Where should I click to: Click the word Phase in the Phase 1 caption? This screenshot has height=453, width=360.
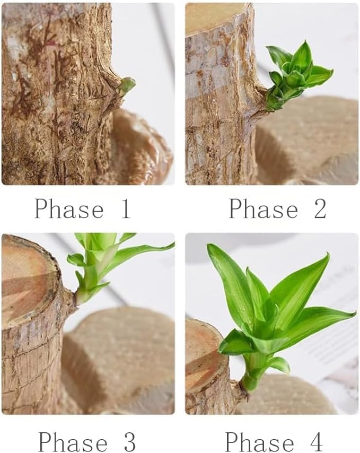point(69,209)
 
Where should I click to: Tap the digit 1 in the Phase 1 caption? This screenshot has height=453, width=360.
point(125,209)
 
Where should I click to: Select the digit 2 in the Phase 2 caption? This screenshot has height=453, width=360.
point(319,209)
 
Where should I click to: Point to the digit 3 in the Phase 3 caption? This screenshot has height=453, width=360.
point(129,442)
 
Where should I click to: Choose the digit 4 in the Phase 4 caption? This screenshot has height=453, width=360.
point(316,442)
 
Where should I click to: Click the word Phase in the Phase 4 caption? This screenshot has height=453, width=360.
point(259,442)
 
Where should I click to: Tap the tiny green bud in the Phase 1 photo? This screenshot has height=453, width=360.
point(127,84)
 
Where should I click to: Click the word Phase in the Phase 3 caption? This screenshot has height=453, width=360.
point(72,442)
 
